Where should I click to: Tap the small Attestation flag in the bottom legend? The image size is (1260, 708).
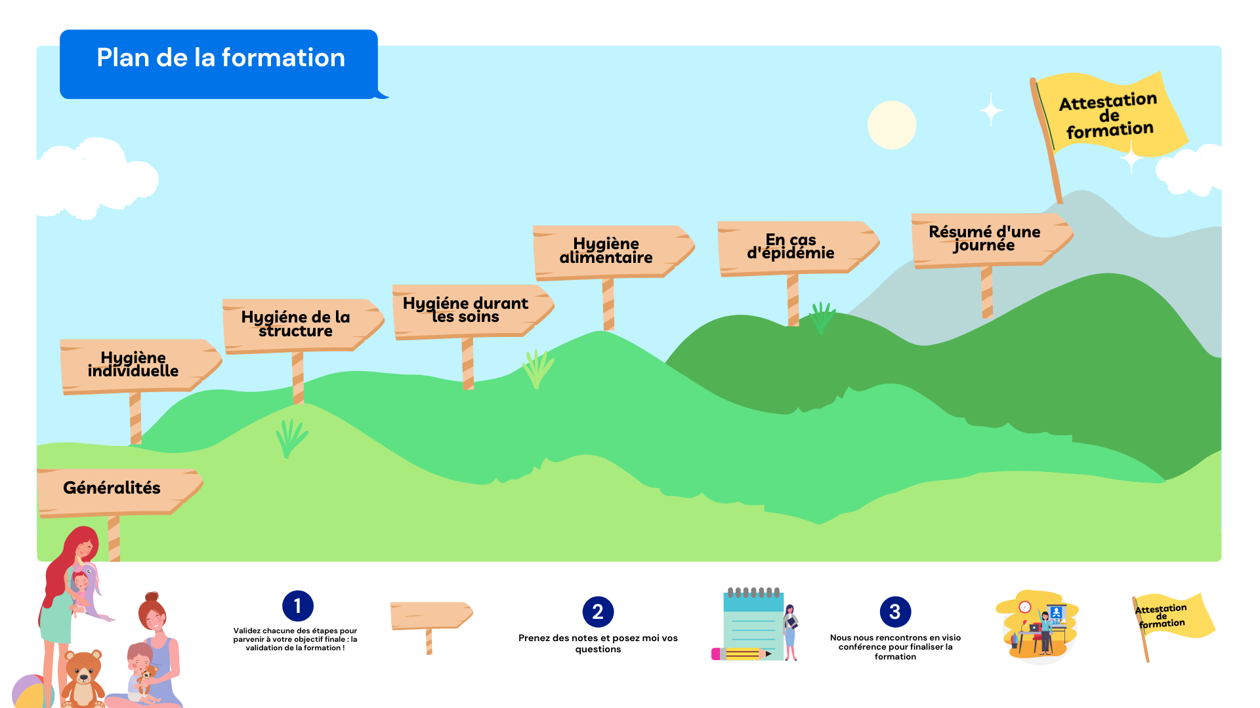(1167, 616)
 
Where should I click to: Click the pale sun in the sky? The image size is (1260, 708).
(891, 125)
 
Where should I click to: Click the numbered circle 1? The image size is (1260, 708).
(298, 606)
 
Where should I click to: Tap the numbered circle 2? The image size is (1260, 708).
(598, 612)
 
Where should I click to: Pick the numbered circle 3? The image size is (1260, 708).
(895, 612)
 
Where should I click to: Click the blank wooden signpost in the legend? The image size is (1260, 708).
(430, 616)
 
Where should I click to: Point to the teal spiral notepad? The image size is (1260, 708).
(753, 626)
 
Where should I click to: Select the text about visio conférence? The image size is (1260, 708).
(895, 647)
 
